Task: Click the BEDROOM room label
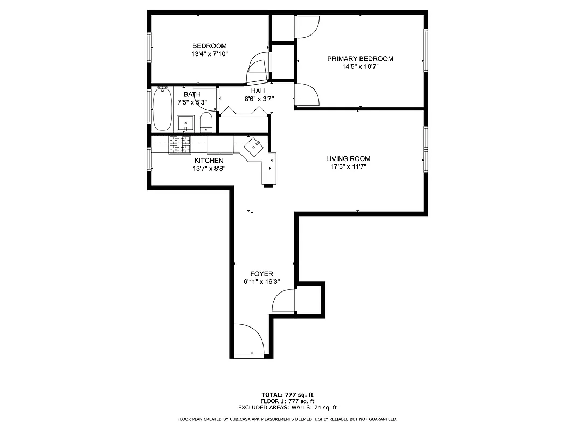210,46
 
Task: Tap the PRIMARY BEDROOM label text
360,59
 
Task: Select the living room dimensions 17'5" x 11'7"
348,167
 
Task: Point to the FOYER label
262,274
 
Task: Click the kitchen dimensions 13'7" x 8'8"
209,168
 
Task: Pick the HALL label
259,91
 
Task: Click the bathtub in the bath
162,109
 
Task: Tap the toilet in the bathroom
206,122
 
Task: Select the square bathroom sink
186,123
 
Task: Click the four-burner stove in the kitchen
180,144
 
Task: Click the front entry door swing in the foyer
248,339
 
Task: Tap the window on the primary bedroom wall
425,50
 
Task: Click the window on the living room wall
425,149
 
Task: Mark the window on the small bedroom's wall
149,48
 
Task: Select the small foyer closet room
309,299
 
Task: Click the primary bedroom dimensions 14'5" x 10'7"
360,67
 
